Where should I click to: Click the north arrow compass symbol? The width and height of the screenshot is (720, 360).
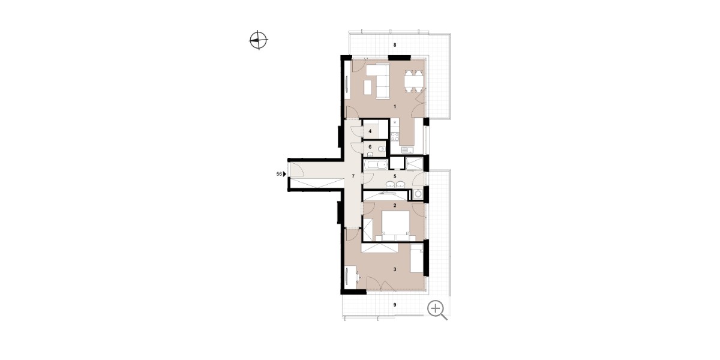pyautogui.click(x=259, y=40)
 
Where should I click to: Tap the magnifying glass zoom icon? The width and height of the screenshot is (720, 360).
pyautogui.click(x=437, y=310)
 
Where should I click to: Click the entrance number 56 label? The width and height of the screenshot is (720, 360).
pyautogui.click(x=279, y=174)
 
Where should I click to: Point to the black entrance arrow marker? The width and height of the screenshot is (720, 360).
pyautogui.click(x=284, y=174)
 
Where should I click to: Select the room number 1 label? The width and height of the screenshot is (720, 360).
pyautogui.click(x=395, y=106)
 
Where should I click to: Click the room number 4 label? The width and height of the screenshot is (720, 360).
pyautogui.click(x=370, y=131)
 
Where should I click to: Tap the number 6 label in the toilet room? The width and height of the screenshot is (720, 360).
pyautogui.click(x=370, y=146)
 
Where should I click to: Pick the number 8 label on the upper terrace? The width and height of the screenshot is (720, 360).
pyautogui.click(x=395, y=45)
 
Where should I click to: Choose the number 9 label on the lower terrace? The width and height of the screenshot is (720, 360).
pyautogui.click(x=395, y=305)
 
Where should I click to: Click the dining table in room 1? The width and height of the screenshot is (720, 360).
pyautogui.click(x=413, y=81)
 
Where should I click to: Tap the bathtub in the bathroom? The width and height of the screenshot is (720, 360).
pyautogui.click(x=376, y=165)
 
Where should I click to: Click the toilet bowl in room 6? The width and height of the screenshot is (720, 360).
pyautogui.click(x=381, y=149)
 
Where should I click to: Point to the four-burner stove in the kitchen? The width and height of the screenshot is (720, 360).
pyautogui.click(x=395, y=137)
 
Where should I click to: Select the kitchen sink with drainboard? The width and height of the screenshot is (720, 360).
pyautogui.click(x=407, y=150)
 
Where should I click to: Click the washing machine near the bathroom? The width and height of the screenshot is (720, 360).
pyautogui.click(x=418, y=194)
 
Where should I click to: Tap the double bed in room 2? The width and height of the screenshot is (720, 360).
pyautogui.click(x=395, y=226)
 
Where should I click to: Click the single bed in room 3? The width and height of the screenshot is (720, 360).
pyautogui.click(x=417, y=258)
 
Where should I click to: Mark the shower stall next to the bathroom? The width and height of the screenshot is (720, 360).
pyautogui.click(x=413, y=164)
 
